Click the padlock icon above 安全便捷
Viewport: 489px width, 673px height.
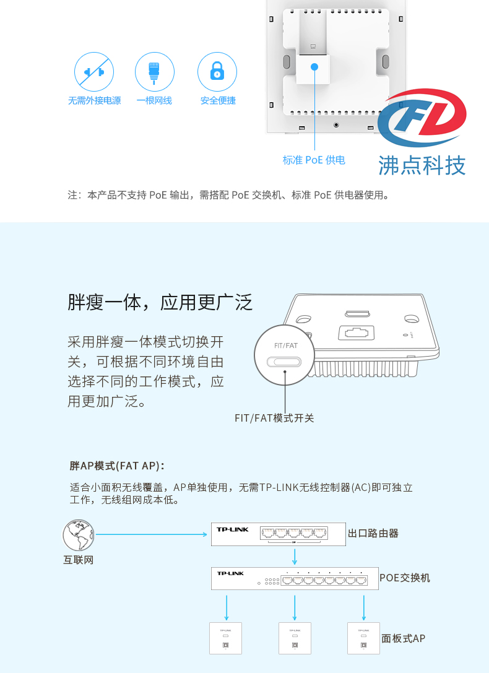pyautogui.click(x=217, y=71)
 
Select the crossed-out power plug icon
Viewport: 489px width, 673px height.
pyautogui.click(x=94, y=72)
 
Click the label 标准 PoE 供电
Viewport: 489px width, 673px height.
pyautogui.click(x=314, y=160)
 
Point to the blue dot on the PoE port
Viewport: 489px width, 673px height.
pyautogui.click(x=314, y=66)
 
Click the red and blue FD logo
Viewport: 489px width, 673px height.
pyautogui.click(x=422, y=117)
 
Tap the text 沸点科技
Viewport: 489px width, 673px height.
pyautogui.click(x=422, y=166)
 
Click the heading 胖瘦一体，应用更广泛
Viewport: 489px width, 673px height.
pyautogui.click(x=160, y=303)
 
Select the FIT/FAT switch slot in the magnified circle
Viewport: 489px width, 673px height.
pyautogui.click(x=284, y=362)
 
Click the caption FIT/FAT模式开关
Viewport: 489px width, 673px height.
pyautogui.click(x=274, y=418)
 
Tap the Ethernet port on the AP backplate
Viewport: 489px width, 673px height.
pyautogui.click(x=356, y=332)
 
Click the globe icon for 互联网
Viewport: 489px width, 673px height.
pyautogui.click(x=78, y=535)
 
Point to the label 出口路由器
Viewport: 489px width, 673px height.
pyautogui.click(x=373, y=534)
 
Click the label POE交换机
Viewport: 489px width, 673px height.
pyautogui.click(x=404, y=578)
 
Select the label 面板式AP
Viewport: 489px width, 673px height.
pyautogui.click(x=403, y=639)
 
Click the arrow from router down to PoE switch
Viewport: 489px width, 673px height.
pyautogui.click(x=295, y=556)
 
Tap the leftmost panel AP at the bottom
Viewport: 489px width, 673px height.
pyautogui.click(x=226, y=638)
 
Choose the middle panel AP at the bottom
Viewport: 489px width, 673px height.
pyautogui.click(x=295, y=638)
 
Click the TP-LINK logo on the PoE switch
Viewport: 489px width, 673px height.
pyautogui.click(x=230, y=573)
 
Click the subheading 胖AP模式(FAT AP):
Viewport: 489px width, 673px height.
pyautogui.click(x=117, y=466)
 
